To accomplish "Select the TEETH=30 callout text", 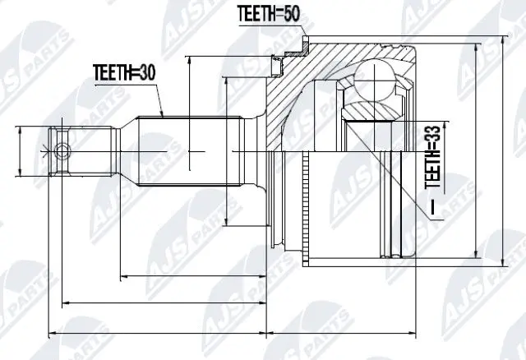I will [x=122, y=72].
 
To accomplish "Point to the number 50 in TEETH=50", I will [x=293, y=14].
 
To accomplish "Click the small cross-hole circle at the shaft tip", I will [x=60, y=150].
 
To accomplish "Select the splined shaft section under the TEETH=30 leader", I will [x=189, y=151].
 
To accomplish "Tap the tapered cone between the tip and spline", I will [x=124, y=151].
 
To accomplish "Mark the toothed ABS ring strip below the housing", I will [x=306, y=210].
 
